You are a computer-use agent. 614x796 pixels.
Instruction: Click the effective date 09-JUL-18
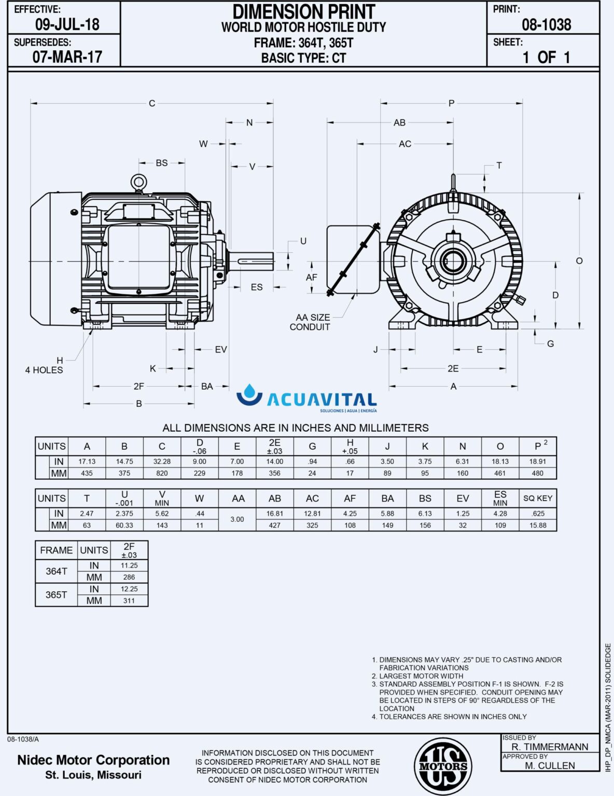coord(67,24)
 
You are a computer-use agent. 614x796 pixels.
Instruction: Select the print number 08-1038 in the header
coord(546,24)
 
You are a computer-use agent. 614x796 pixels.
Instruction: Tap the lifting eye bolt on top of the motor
coord(138,182)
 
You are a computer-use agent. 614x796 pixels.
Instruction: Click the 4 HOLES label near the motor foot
coord(44,370)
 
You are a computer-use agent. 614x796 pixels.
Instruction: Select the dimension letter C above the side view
coord(152,104)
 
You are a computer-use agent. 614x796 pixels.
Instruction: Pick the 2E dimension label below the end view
coord(453,368)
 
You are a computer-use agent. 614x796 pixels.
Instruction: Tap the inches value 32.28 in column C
coord(162,461)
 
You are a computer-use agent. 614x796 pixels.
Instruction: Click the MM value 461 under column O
coord(500,473)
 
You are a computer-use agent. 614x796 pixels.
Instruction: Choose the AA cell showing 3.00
coord(237,519)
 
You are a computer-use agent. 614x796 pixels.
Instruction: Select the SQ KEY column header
coord(537,498)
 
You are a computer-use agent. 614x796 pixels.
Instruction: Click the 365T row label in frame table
coord(56,594)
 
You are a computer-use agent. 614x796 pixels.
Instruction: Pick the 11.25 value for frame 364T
coord(129,565)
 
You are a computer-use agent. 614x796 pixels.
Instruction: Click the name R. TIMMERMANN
coord(550,747)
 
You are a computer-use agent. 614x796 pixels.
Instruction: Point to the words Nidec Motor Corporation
coord(93,760)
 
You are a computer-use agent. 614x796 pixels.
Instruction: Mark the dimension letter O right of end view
coord(579,261)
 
